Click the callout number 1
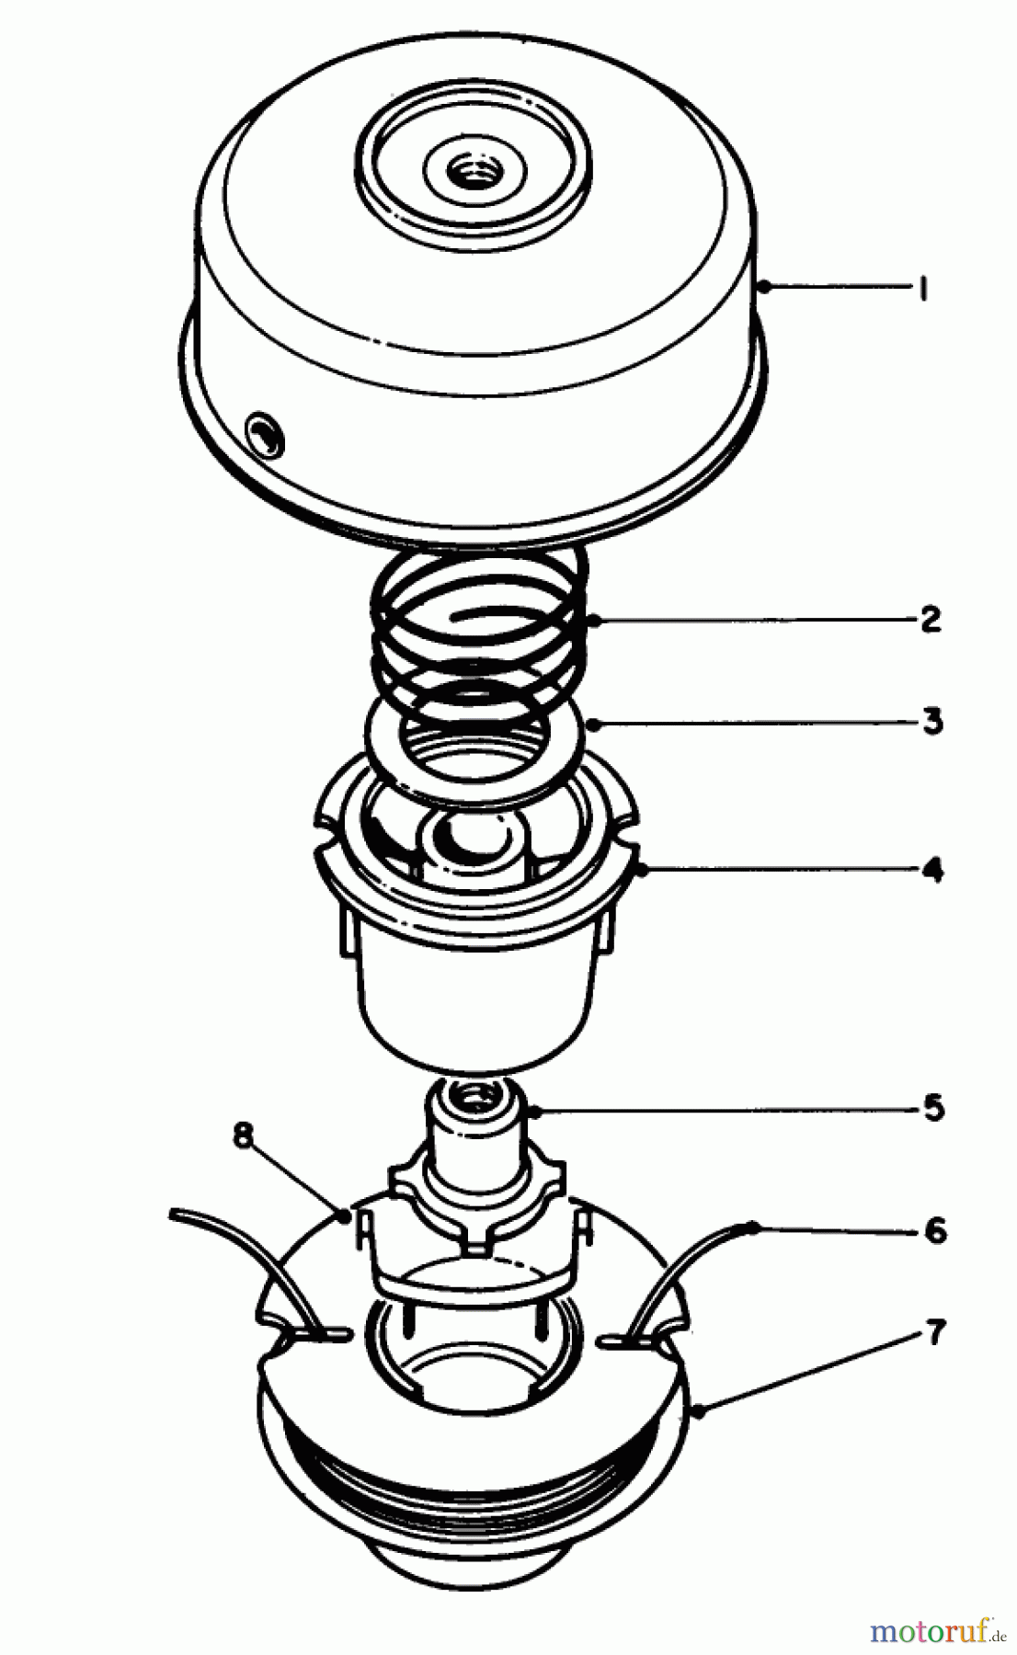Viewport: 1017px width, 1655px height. click(922, 290)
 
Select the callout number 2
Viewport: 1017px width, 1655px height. click(931, 619)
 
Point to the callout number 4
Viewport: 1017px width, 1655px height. click(932, 869)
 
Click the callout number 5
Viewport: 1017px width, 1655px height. click(933, 1108)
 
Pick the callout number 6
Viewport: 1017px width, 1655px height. click(934, 1229)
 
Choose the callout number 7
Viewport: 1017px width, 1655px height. click(935, 1332)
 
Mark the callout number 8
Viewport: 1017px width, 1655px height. click(243, 1136)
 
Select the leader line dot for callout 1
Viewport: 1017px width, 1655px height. click(764, 288)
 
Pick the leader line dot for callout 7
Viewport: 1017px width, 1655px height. click(701, 1410)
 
